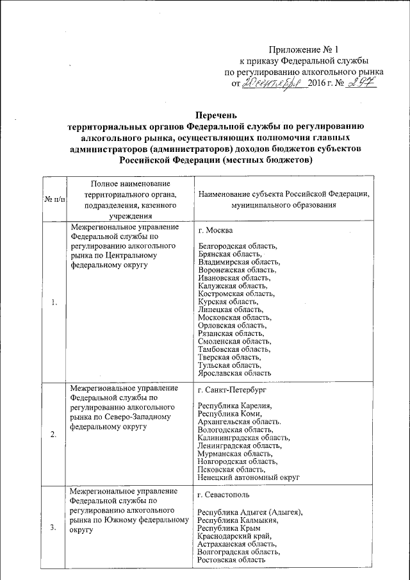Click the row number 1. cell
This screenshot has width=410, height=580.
point(54,303)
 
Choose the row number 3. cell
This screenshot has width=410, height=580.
point(54,527)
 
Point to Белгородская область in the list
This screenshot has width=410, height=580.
point(238,246)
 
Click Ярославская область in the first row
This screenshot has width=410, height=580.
point(235,372)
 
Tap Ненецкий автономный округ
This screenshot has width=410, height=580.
point(249,477)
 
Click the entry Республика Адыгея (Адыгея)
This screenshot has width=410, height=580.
point(249,512)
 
